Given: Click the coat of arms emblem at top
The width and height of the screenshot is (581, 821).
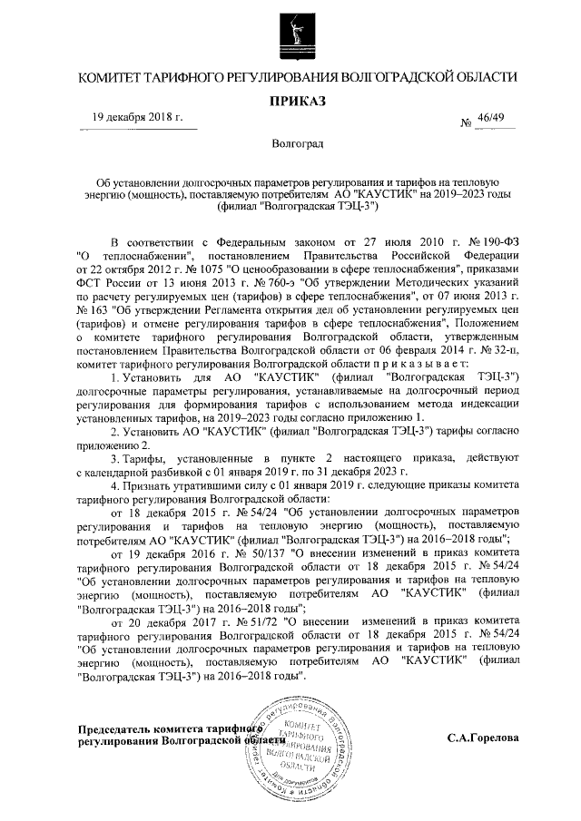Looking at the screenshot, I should pos(290,28).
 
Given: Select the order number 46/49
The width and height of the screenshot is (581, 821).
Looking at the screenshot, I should pos(501,118).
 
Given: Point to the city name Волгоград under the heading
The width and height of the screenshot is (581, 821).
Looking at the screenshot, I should pos(290,143).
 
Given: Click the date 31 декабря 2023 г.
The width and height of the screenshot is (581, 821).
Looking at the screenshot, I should pos(359,472).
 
